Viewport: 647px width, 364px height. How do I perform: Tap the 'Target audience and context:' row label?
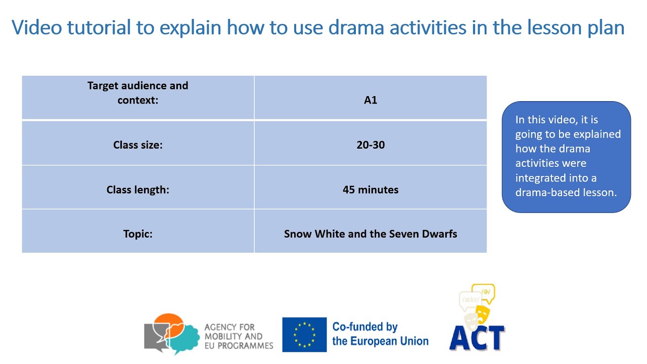(137, 93)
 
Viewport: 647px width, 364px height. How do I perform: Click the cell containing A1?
(371, 100)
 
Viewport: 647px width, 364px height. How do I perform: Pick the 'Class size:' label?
(137, 145)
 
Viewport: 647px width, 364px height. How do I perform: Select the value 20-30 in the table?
(371, 145)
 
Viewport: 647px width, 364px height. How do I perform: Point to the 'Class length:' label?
(137, 190)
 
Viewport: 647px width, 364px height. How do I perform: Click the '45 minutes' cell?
(371, 190)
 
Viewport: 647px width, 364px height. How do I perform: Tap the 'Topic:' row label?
(137, 234)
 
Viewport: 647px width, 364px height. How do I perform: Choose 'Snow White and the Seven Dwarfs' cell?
(371, 234)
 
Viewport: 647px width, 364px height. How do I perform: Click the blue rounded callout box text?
(566, 156)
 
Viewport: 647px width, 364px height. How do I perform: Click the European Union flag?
(304, 334)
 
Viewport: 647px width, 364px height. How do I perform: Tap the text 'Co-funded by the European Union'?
(380, 334)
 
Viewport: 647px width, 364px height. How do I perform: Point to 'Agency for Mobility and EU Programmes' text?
(238, 337)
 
